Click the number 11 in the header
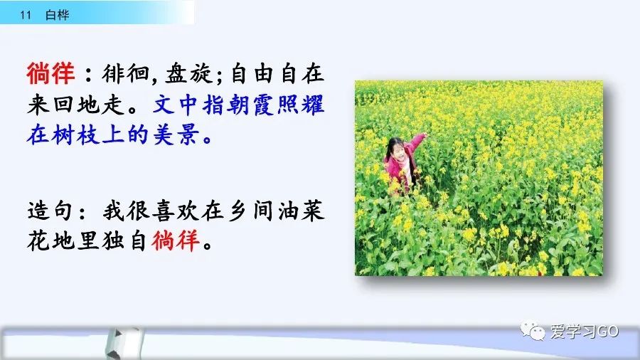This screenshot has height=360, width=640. tap(26, 15)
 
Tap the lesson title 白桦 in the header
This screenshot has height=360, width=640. tap(57, 15)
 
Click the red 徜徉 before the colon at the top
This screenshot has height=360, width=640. tap(50, 73)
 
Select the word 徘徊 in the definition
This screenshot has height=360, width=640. tap(125, 74)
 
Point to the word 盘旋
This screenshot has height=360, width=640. tap(188, 74)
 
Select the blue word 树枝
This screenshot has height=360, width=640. tap(75, 134)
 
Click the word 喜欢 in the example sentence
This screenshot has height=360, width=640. tap(176, 211)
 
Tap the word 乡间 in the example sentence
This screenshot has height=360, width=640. tap(251, 211)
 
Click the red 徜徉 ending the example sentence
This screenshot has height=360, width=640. tap(176, 240)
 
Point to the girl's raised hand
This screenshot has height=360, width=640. tap(423, 135)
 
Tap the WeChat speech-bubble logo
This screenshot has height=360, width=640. tap(532, 330)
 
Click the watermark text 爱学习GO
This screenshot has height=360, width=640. tap(584, 331)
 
